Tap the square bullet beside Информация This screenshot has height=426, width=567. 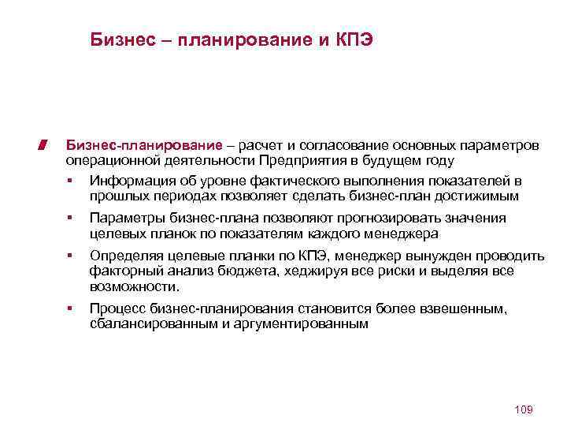pyautogui.click(x=70, y=181)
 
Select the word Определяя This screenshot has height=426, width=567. pyautogui.click(x=126, y=256)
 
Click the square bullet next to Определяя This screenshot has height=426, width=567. pyautogui.click(x=70, y=256)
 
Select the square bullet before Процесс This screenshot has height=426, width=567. pyautogui.click(x=70, y=308)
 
